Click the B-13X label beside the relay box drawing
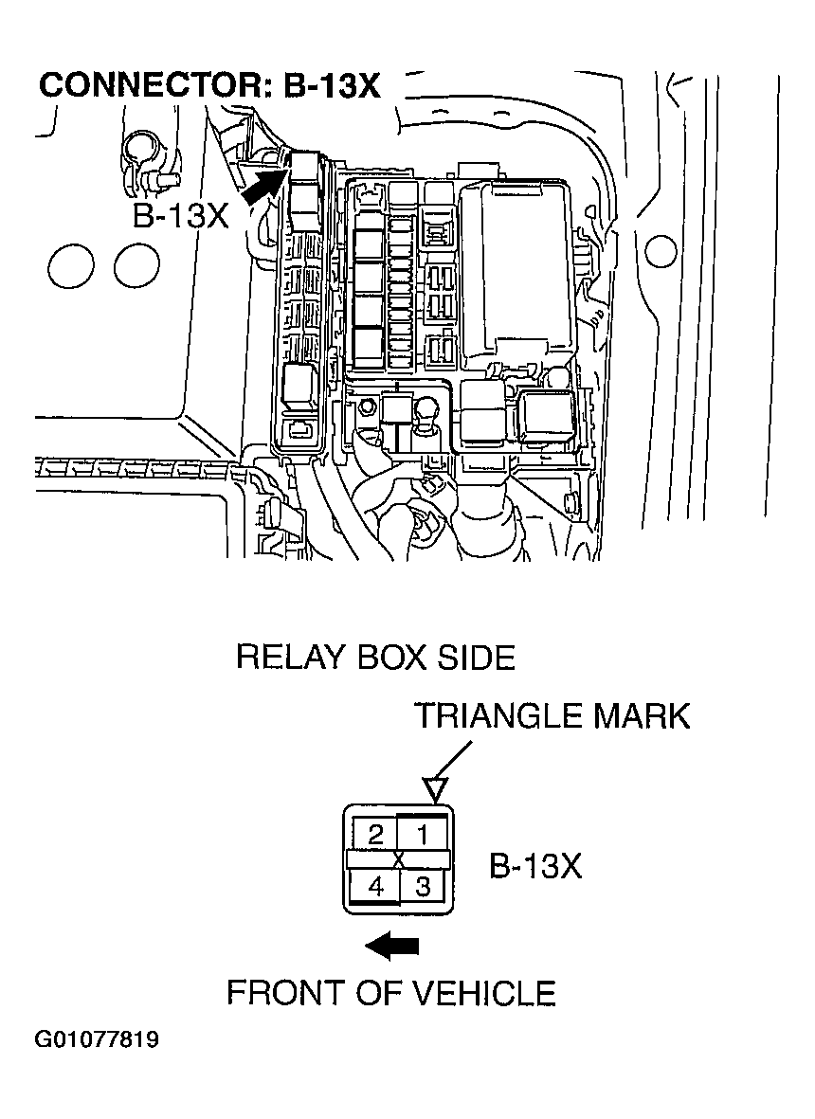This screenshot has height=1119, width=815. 180,215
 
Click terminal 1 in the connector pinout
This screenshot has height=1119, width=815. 422,835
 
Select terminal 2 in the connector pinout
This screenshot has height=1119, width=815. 374,835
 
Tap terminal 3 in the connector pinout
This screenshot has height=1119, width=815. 423,887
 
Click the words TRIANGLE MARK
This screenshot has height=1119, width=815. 552,716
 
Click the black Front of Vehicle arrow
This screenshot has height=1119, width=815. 391,945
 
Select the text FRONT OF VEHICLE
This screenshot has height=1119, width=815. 390,993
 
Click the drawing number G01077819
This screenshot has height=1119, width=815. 97,1040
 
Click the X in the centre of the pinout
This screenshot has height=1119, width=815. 399,860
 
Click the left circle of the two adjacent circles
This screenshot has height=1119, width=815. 70,266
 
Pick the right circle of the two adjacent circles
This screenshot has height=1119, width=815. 136,266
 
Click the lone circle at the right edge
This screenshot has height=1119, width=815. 660,251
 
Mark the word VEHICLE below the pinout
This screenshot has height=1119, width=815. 483,993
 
